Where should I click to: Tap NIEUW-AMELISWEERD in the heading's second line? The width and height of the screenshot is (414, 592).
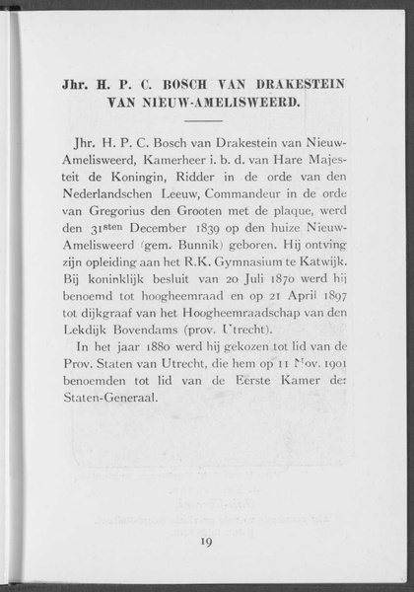click(x=230, y=101)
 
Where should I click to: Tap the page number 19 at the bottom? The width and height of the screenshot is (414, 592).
click(x=207, y=541)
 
